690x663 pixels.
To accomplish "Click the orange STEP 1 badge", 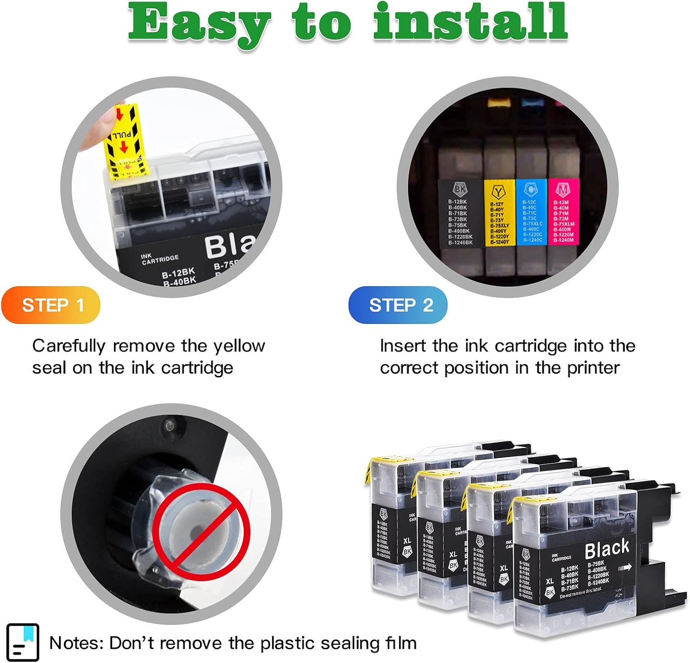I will [51, 305].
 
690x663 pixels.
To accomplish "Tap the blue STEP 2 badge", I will [398, 305].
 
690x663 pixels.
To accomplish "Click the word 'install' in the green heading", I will [470, 22].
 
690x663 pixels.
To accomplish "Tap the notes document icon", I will [23, 642].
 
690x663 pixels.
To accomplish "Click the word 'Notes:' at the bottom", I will [76, 643].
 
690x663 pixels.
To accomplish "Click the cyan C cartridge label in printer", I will [531, 212].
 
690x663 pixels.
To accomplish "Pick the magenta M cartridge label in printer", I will [563, 212].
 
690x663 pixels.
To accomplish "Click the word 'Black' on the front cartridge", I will [607, 548].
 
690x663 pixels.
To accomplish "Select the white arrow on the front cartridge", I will [625, 568].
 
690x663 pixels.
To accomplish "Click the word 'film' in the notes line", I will [401, 643].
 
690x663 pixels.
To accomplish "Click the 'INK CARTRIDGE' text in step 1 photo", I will [160, 259].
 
